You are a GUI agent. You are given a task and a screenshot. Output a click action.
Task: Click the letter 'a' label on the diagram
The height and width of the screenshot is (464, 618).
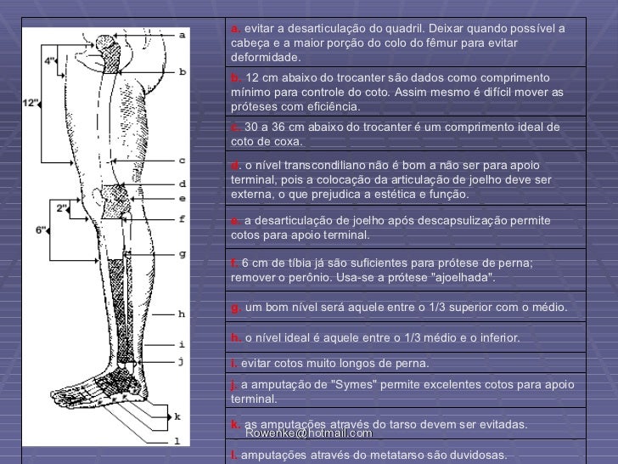point(182,35)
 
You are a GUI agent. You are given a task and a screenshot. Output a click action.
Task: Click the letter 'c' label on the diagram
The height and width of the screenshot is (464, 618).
point(182,160)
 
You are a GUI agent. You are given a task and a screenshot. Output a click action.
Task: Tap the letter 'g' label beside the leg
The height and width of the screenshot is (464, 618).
point(182,253)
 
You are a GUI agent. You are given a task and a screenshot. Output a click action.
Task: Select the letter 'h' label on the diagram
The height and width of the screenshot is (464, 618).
point(182,314)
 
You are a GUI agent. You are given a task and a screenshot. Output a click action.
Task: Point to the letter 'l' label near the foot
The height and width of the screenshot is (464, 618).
point(177,440)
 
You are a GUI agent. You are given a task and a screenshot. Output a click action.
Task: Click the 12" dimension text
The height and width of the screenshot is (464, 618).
point(31,104)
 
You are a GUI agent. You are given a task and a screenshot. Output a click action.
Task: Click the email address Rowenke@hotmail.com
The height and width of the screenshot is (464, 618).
point(295,433)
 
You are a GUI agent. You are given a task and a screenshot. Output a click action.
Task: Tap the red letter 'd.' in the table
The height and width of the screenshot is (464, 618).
point(235,164)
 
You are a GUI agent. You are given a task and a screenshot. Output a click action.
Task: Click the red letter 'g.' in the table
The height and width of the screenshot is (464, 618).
point(235,307)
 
